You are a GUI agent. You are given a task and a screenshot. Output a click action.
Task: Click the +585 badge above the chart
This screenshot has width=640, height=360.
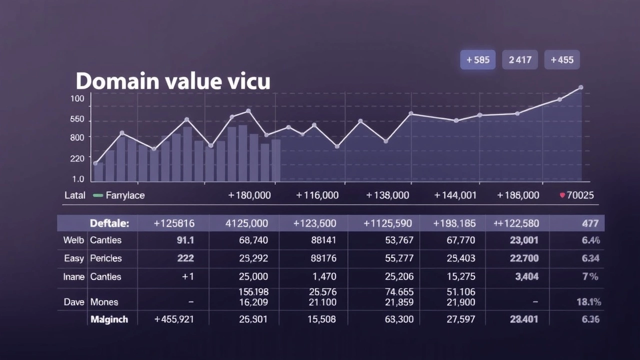click(477, 60)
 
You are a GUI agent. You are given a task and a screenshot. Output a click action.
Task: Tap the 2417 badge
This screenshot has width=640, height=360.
click(520, 60)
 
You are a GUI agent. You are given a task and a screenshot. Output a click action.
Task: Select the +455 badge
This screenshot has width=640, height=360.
click(562, 60)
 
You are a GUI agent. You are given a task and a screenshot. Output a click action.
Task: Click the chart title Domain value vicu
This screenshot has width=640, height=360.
click(173, 81)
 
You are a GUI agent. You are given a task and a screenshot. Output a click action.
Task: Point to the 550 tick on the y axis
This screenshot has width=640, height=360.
click(77, 119)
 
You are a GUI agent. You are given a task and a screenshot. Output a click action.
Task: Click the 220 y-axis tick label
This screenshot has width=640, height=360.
click(77, 158)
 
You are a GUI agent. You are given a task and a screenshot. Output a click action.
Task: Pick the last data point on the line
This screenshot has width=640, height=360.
click(580, 87)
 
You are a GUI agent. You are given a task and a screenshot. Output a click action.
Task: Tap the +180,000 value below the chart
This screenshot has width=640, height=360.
click(249, 195)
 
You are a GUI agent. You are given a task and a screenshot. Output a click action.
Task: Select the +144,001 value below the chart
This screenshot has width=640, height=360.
click(455, 195)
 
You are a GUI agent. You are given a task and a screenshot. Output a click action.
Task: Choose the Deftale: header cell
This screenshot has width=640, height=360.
click(109, 223)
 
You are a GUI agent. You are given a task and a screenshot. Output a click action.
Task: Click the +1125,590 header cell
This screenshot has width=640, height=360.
click(388, 223)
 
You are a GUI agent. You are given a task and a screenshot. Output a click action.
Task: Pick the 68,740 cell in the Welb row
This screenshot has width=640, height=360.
click(253, 240)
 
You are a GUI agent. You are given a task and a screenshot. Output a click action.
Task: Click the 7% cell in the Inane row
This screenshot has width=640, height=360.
click(590, 276)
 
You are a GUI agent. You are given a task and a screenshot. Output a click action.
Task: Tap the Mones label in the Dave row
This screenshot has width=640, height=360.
click(104, 302)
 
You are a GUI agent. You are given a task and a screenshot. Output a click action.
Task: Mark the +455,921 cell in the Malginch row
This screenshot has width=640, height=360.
click(174, 319)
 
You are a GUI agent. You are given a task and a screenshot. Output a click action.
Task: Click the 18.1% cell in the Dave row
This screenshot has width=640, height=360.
click(588, 302)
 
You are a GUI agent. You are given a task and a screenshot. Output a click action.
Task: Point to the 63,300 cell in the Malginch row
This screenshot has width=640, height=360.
click(399, 319)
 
